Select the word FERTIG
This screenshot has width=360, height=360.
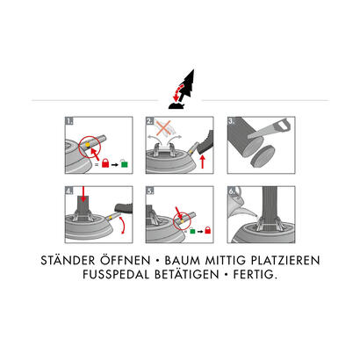(x=255, y=275)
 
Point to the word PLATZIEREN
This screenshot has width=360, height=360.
(x=285, y=260)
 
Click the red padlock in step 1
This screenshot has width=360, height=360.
(x=105, y=163)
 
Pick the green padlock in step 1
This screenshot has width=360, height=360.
(x=125, y=163)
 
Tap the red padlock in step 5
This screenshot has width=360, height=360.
(x=207, y=230)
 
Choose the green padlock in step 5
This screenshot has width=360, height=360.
(x=192, y=230)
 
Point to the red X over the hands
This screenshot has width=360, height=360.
(x=165, y=128)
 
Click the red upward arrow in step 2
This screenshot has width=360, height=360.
(x=203, y=162)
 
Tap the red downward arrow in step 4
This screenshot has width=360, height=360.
(x=83, y=194)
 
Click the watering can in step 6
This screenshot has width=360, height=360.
(x=238, y=202)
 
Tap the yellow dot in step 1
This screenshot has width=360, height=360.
(x=88, y=145)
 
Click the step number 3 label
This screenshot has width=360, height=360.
(x=231, y=120)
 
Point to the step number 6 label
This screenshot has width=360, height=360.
(x=231, y=191)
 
